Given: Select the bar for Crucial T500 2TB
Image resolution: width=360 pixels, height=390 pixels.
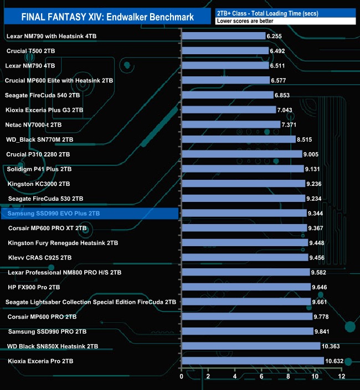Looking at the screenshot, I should (225, 50).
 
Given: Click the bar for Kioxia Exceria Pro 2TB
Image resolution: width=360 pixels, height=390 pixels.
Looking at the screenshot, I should (253, 361).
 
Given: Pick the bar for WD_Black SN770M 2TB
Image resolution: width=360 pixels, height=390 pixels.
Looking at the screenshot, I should (238, 139).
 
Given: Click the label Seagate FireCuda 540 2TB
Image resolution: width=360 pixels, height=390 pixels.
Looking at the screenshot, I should (42, 95).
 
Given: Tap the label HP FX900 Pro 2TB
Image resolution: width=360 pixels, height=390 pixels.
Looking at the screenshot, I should (34, 287).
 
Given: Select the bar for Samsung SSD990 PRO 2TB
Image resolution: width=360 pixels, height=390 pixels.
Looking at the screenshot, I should (248, 331).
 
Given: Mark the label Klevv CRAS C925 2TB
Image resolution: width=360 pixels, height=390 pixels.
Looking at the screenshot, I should (40, 257).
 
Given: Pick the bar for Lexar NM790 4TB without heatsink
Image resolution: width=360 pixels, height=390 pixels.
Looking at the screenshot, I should (225, 65).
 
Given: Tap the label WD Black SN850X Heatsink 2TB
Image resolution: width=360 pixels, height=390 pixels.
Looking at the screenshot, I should (53, 346).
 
